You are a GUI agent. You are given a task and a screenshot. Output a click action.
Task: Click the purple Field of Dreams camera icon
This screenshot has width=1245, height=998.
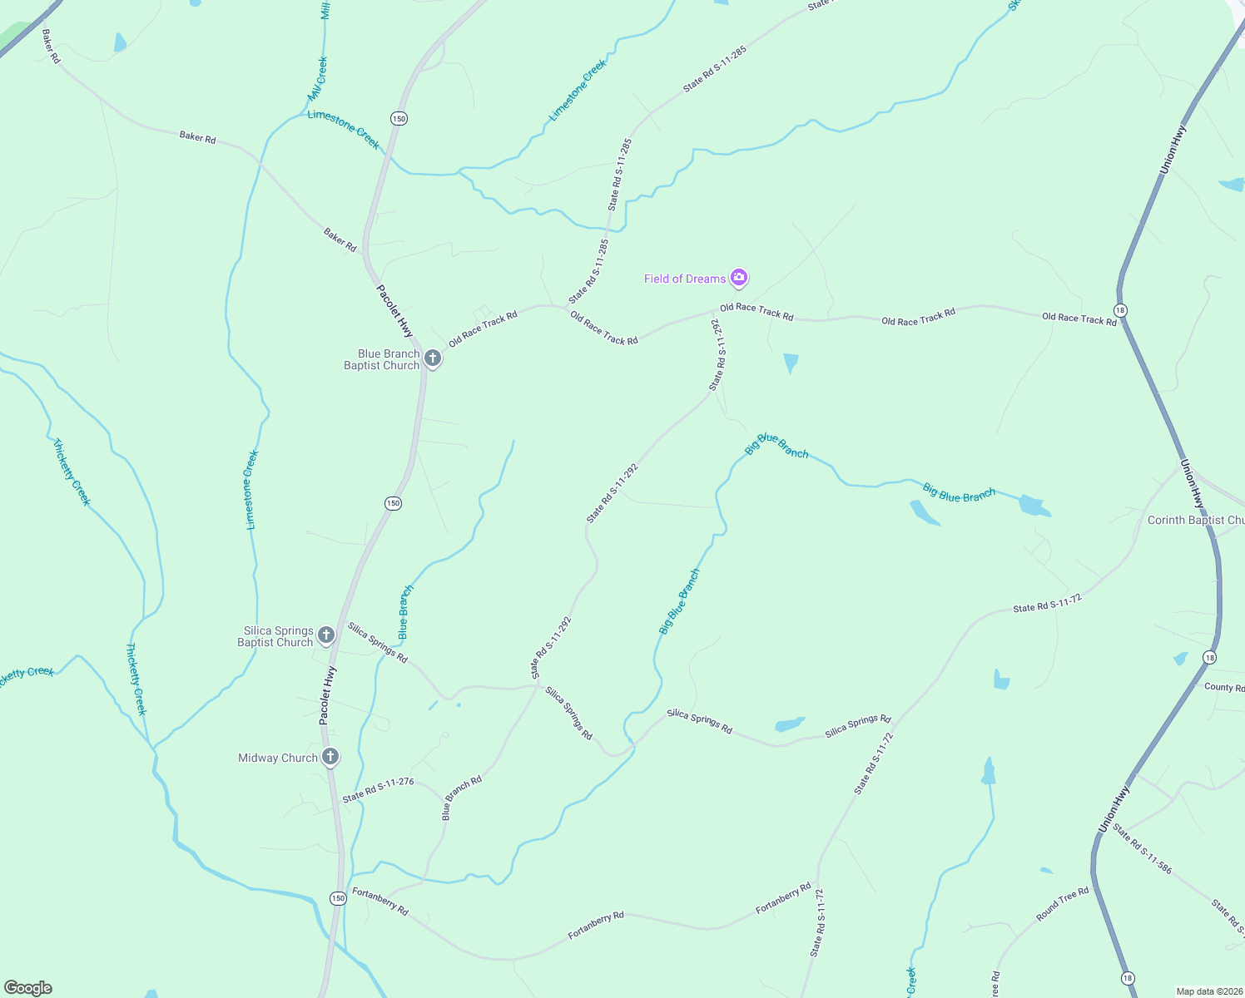tap(738, 278)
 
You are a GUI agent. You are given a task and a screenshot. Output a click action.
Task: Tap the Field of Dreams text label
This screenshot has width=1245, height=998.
tap(684, 279)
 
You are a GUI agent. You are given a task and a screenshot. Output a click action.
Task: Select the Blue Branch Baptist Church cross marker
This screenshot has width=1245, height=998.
tap(433, 358)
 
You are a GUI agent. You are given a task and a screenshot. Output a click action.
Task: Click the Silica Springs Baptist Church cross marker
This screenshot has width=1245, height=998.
tap(326, 635)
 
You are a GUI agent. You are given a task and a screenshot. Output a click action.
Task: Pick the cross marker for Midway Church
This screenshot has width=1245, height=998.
tap(330, 757)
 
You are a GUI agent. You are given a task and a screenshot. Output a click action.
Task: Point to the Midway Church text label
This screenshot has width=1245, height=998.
tap(278, 758)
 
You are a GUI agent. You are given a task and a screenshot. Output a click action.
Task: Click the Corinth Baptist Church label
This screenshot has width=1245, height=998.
tap(1195, 520)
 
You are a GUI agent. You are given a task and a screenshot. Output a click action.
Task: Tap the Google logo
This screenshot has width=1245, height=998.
tap(28, 988)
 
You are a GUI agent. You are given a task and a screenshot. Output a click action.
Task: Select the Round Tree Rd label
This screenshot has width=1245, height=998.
tap(1062, 904)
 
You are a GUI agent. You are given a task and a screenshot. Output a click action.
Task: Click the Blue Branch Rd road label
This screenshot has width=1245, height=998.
tap(461, 798)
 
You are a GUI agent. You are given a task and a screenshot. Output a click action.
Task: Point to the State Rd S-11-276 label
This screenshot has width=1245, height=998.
tap(378, 789)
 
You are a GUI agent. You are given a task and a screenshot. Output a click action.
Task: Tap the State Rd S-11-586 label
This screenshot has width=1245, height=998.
tap(1142, 848)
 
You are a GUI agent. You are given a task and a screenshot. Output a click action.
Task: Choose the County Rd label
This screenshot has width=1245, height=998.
tap(1223, 687)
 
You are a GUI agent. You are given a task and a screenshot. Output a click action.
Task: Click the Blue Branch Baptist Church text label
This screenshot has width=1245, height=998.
tap(382, 359)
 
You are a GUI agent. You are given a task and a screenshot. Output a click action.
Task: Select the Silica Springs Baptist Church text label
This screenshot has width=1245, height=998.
tap(275, 636)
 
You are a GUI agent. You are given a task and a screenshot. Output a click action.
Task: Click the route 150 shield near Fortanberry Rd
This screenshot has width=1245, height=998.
tap(337, 898)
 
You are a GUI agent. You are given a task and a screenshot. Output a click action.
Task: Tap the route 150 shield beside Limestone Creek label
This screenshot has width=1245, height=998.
tap(399, 118)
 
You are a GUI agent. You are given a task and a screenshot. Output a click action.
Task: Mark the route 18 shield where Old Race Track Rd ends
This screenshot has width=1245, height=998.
tap(1120, 310)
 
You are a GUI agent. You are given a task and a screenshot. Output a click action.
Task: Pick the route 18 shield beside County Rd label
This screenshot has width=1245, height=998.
tap(1209, 658)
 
